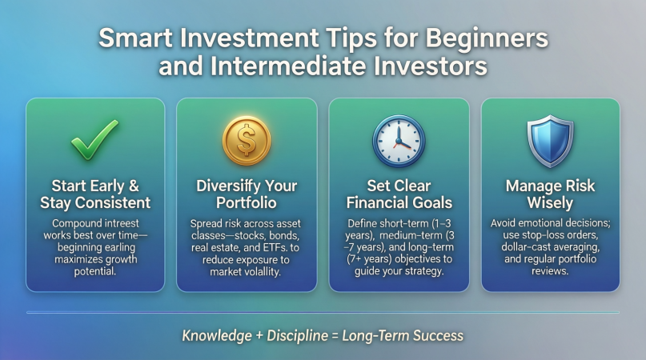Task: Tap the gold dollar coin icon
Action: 247,141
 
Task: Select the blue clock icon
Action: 399,142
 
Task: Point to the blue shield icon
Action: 551,142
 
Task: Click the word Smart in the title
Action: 135,38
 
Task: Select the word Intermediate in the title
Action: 287,66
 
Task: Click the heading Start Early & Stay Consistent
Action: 95,194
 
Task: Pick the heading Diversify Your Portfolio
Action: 247,194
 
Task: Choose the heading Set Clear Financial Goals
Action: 399,194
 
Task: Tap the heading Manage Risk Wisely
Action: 550,194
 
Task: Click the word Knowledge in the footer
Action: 217,336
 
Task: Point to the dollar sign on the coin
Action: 247,140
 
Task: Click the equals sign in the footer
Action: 335,336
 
